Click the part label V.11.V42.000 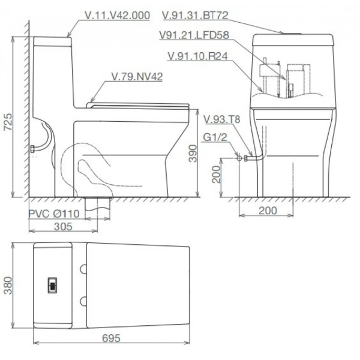(118, 16)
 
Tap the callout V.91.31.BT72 (196, 15)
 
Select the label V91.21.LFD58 (194, 35)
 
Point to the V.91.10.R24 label (197, 56)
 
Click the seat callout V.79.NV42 (137, 76)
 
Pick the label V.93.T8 (222, 119)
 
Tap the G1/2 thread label (215, 137)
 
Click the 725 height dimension (8, 122)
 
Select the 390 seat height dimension (193, 154)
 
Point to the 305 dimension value (63, 226)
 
